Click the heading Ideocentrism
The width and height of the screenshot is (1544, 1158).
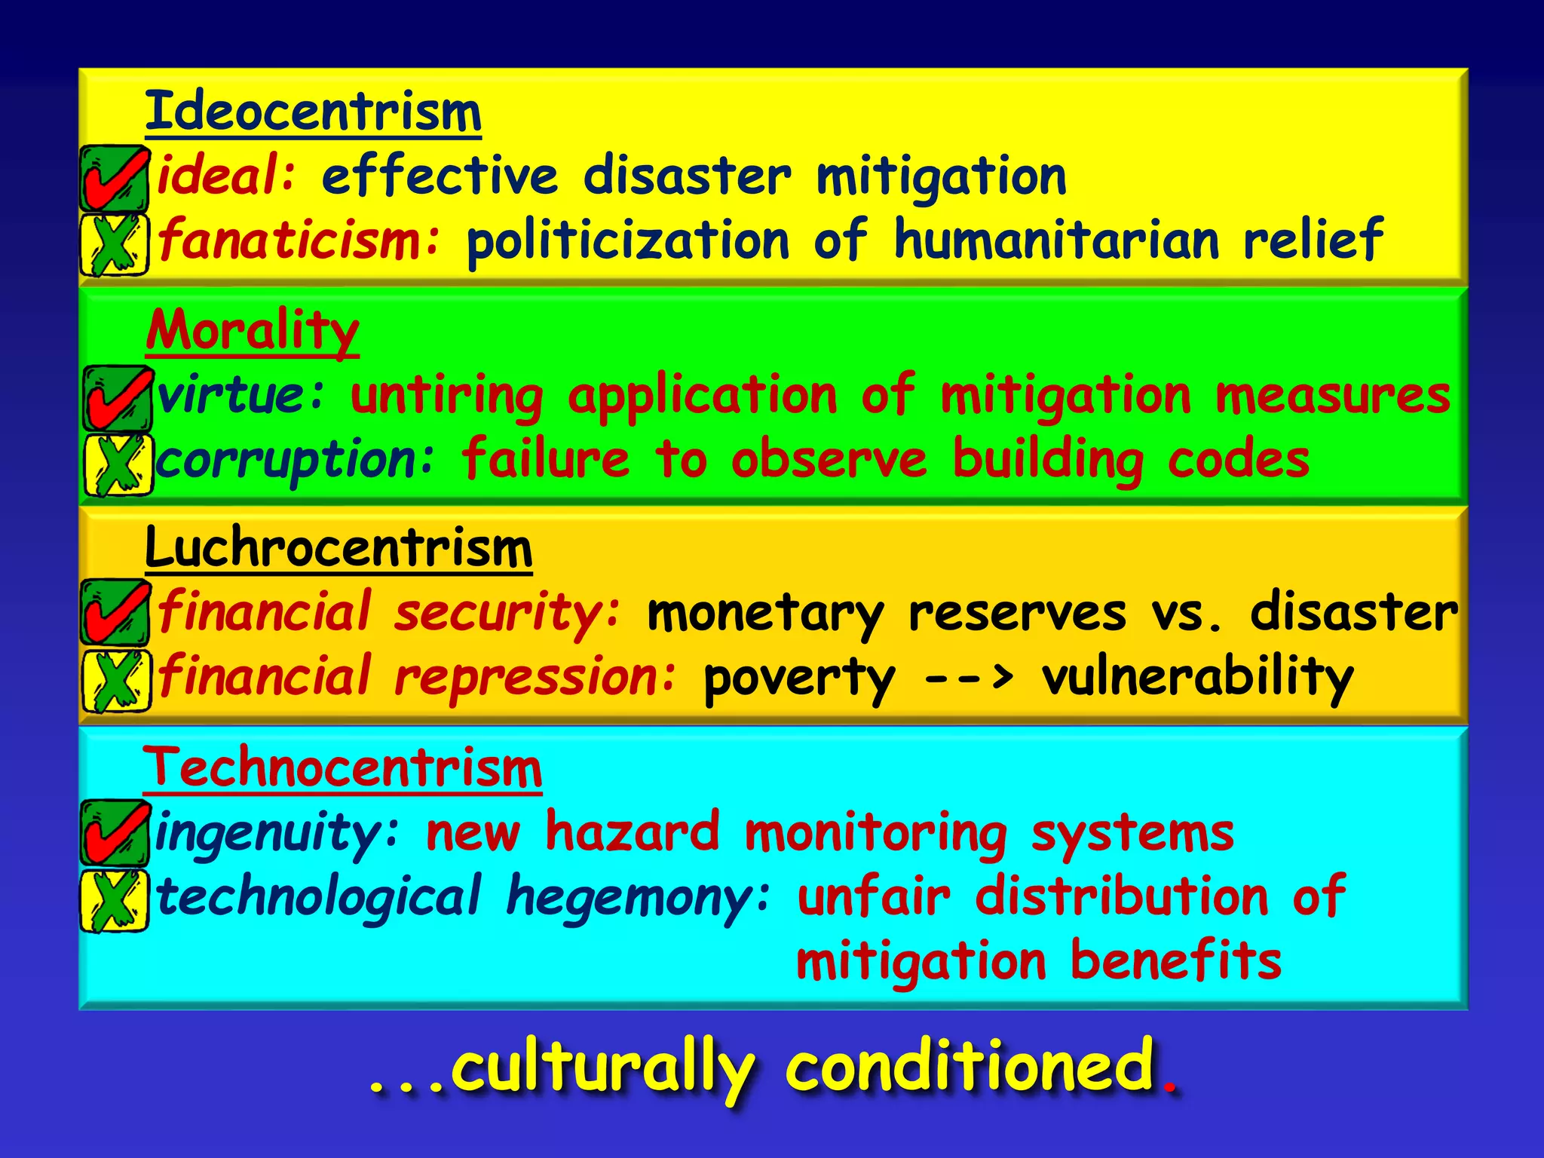coord(313,112)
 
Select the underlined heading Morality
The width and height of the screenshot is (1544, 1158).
coord(253,330)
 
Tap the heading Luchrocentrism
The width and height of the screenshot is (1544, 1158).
coord(339,548)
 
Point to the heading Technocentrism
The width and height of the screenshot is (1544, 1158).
coord(342,767)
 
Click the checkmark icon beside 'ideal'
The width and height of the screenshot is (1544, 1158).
coord(115,178)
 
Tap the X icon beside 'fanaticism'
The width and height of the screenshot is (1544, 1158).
coord(115,244)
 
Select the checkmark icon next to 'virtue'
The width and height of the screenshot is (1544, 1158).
coord(117,397)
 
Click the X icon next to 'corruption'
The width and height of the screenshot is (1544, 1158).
coord(117,464)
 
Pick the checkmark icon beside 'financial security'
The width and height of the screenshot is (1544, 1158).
coord(115,612)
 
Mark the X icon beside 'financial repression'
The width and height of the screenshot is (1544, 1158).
coord(115,679)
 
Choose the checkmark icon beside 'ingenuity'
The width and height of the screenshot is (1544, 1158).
coord(115,832)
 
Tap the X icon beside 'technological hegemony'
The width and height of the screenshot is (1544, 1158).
coord(115,899)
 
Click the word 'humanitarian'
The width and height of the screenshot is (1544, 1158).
coord(1055,240)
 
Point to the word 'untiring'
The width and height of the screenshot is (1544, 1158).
coord(446,397)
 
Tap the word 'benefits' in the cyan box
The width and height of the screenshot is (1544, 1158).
coord(1176,960)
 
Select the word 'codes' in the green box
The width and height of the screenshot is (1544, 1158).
coord(1238,459)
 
